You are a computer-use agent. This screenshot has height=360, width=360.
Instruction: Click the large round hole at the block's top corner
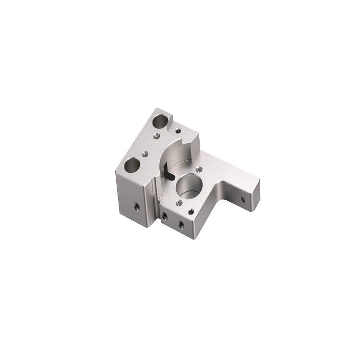(161, 120)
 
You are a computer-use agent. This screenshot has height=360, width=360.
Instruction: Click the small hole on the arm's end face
(243, 199)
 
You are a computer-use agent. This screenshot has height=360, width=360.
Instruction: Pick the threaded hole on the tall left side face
(136, 207)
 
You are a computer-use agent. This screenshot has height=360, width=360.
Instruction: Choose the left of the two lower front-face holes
(165, 216)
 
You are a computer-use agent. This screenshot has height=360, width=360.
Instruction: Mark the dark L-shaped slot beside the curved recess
(166, 171)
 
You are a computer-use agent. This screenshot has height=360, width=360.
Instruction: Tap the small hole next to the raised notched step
(178, 130)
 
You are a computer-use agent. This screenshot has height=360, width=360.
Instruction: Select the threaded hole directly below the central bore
(178, 204)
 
